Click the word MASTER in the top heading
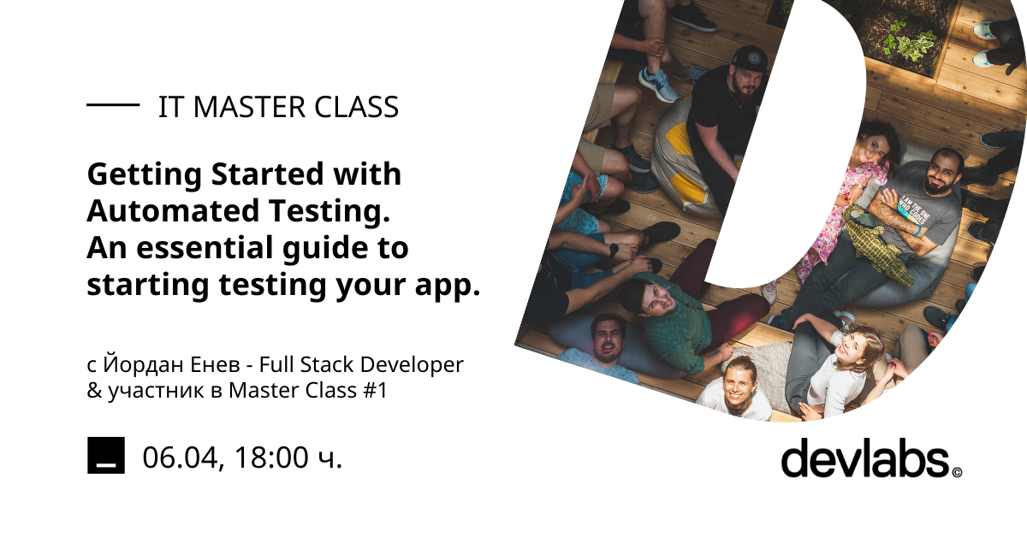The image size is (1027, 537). coord(249,107)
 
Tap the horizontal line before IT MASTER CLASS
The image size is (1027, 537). coord(113,105)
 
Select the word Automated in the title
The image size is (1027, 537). coord(173,210)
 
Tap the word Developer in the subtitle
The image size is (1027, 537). coord(412,365)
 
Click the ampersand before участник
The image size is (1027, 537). coord(94,391)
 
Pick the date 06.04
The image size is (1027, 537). coord(180,457)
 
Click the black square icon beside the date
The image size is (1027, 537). coord(106,455)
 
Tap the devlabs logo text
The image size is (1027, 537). coord(865,457)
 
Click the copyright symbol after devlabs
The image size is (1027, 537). coord(957,472)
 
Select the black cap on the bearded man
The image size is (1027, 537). coord(749,60)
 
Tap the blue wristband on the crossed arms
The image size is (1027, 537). coord(917,229)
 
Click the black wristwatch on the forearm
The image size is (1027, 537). coord(613,251)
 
